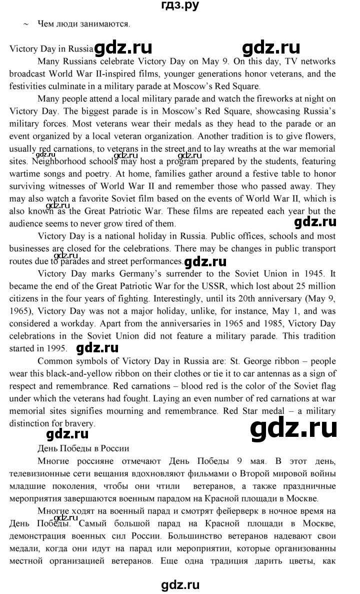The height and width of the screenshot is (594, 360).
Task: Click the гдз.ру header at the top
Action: coord(180,6)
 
